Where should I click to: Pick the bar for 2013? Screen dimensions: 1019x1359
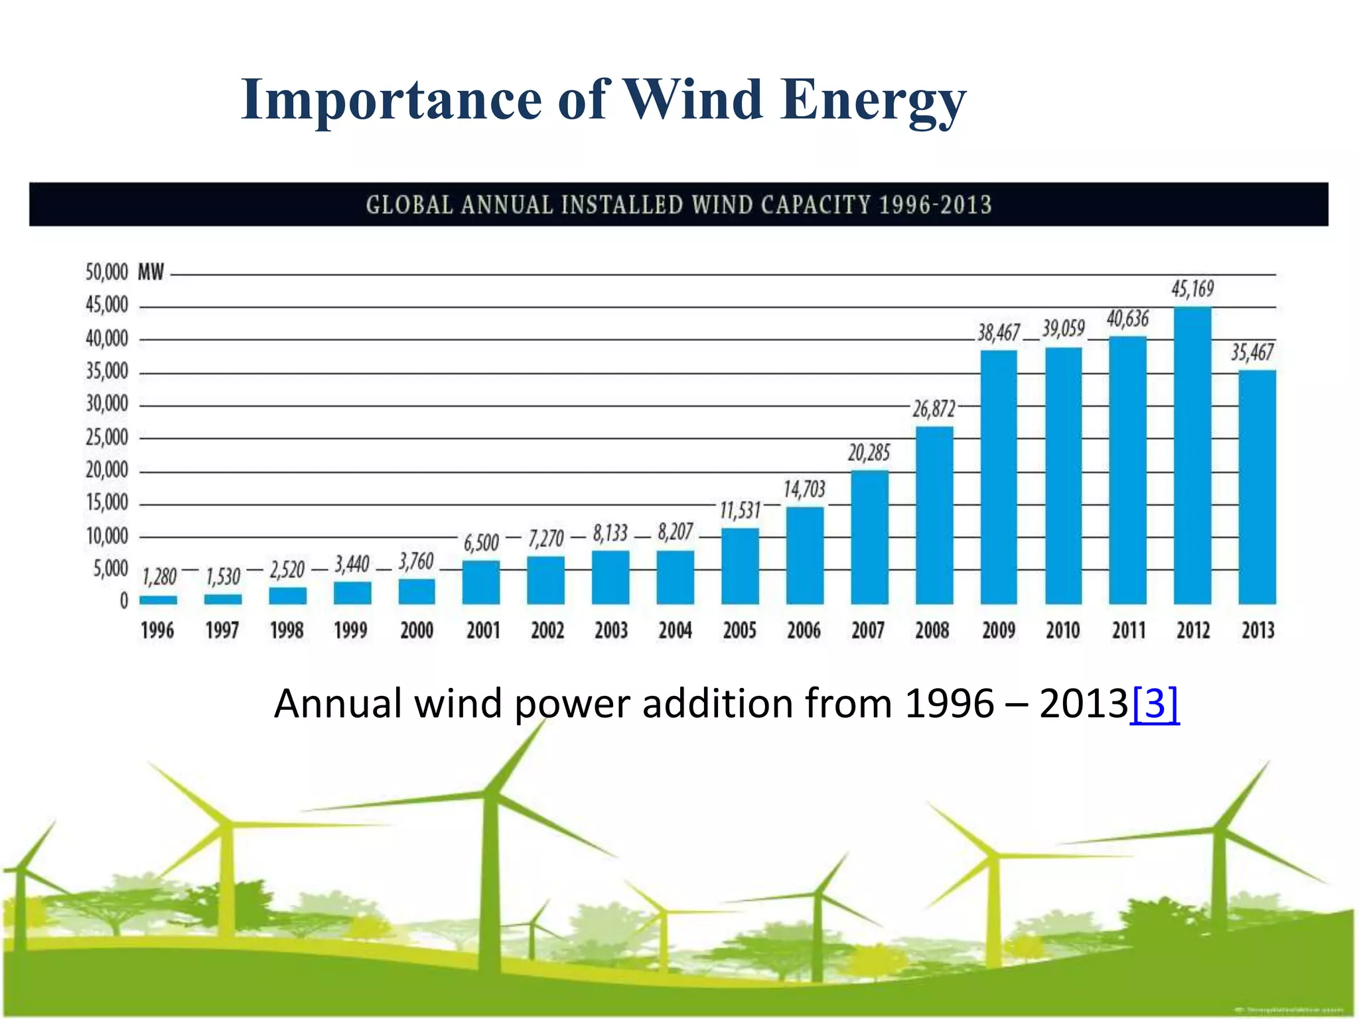(1257, 487)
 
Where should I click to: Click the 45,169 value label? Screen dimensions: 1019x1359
(1192, 289)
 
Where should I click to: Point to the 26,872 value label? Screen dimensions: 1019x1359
(934, 409)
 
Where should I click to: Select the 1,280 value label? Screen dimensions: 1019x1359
(159, 577)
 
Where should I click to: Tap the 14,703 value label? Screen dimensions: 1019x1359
(804, 490)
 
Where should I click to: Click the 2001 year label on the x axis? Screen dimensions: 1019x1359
(482, 630)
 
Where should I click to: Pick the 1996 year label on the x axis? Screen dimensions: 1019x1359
(157, 630)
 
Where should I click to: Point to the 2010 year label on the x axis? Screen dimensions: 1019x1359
(1063, 630)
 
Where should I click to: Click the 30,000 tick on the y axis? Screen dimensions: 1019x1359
(107, 403)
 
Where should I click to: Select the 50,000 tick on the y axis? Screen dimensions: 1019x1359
(107, 272)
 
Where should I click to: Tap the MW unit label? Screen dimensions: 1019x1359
(151, 272)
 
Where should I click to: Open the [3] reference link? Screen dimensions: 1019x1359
(1155, 704)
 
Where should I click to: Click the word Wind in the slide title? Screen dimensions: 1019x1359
(693, 100)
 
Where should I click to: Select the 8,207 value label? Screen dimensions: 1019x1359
(676, 532)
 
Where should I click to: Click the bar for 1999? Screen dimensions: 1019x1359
(352, 592)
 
